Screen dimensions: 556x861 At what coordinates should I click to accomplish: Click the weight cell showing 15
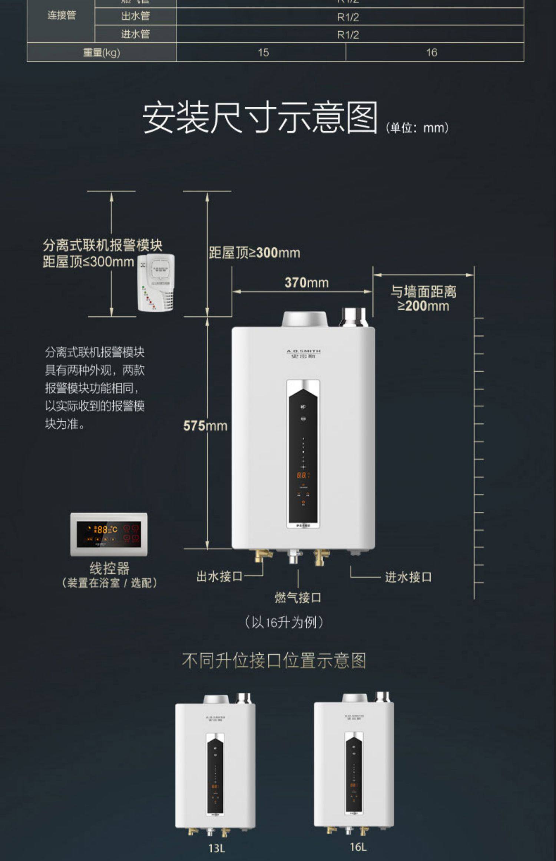click(x=263, y=52)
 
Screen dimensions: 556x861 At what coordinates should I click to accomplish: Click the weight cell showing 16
click(x=431, y=52)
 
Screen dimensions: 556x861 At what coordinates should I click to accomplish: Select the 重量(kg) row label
click(x=101, y=52)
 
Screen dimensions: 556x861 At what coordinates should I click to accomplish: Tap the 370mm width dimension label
click(x=307, y=283)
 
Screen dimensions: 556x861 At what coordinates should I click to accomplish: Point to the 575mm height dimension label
click(x=205, y=426)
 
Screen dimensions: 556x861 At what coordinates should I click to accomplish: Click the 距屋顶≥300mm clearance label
click(x=254, y=253)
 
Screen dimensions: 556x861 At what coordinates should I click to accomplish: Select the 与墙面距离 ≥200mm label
click(x=423, y=299)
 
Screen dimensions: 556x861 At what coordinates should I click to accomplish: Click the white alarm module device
click(x=156, y=283)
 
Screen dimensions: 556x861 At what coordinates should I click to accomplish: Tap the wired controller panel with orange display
click(x=109, y=534)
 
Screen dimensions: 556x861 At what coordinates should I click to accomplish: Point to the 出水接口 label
click(x=219, y=577)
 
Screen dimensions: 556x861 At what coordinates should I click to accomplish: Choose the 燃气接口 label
click(x=298, y=597)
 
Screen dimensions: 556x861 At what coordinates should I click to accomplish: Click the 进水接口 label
click(x=408, y=577)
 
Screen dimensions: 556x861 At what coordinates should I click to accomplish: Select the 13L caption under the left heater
click(x=217, y=848)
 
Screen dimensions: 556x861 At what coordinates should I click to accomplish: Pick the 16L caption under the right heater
click(x=358, y=847)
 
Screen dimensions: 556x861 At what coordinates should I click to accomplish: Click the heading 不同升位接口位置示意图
click(x=274, y=660)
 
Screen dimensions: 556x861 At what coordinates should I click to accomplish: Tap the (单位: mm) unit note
click(x=417, y=128)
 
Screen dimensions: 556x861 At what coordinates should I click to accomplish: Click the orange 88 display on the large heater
click(x=301, y=475)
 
